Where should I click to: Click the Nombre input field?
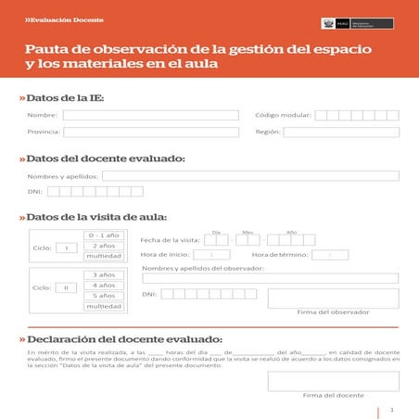[x=149, y=115]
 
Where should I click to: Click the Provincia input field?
[x=149, y=132]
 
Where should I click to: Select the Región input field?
[x=341, y=132]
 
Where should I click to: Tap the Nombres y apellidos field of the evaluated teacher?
[x=250, y=175]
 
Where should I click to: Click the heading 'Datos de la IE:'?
[x=65, y=97]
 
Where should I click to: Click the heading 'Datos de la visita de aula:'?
[x=97, y=217]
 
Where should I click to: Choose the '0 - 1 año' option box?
[x=103, y=235]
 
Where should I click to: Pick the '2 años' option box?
[x=103, y=246]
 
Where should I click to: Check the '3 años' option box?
[x=103, y=274]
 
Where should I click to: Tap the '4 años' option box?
[x=103, y=285]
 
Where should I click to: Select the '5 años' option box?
[x=103, y=296]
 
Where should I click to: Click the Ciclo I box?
[x=66, y=248]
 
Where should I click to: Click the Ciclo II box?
[x=66, y=288]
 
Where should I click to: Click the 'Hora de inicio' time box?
[x=212, y=254]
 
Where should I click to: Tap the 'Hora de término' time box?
[x=330, y=254]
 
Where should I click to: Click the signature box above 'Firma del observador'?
[x=333, y=298]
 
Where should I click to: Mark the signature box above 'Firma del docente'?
[x=333, y=381]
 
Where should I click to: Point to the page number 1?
[x=393, y=409]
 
